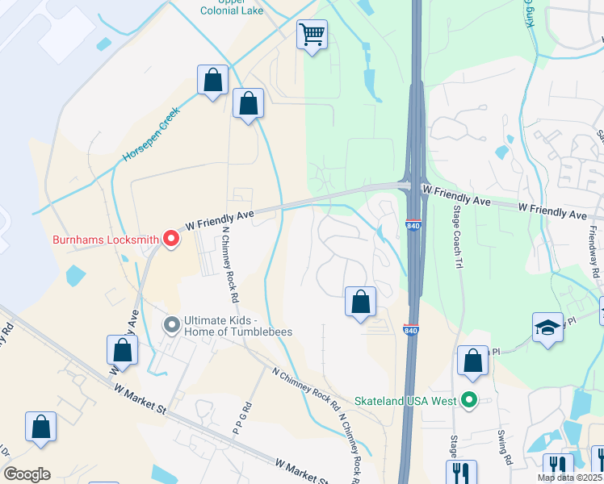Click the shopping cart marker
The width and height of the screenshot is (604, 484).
click(312, 35)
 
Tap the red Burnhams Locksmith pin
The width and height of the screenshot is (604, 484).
click(171, 238)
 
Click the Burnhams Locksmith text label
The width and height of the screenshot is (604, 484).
click(105, 240)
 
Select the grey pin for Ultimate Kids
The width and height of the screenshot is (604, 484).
click(171, 325)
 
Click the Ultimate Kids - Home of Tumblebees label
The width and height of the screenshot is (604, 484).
click(237, 325)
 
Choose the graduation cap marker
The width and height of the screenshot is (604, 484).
click(547, 328)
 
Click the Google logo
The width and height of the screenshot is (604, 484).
click(27, 474)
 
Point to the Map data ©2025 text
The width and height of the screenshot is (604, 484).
click(569, 478)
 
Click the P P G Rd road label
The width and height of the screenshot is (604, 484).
click(240, 420)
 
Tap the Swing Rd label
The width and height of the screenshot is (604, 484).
click(507, 444)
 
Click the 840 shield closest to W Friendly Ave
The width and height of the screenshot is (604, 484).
click(413, 225)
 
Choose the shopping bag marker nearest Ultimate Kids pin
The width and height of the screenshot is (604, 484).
click(122, 350)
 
